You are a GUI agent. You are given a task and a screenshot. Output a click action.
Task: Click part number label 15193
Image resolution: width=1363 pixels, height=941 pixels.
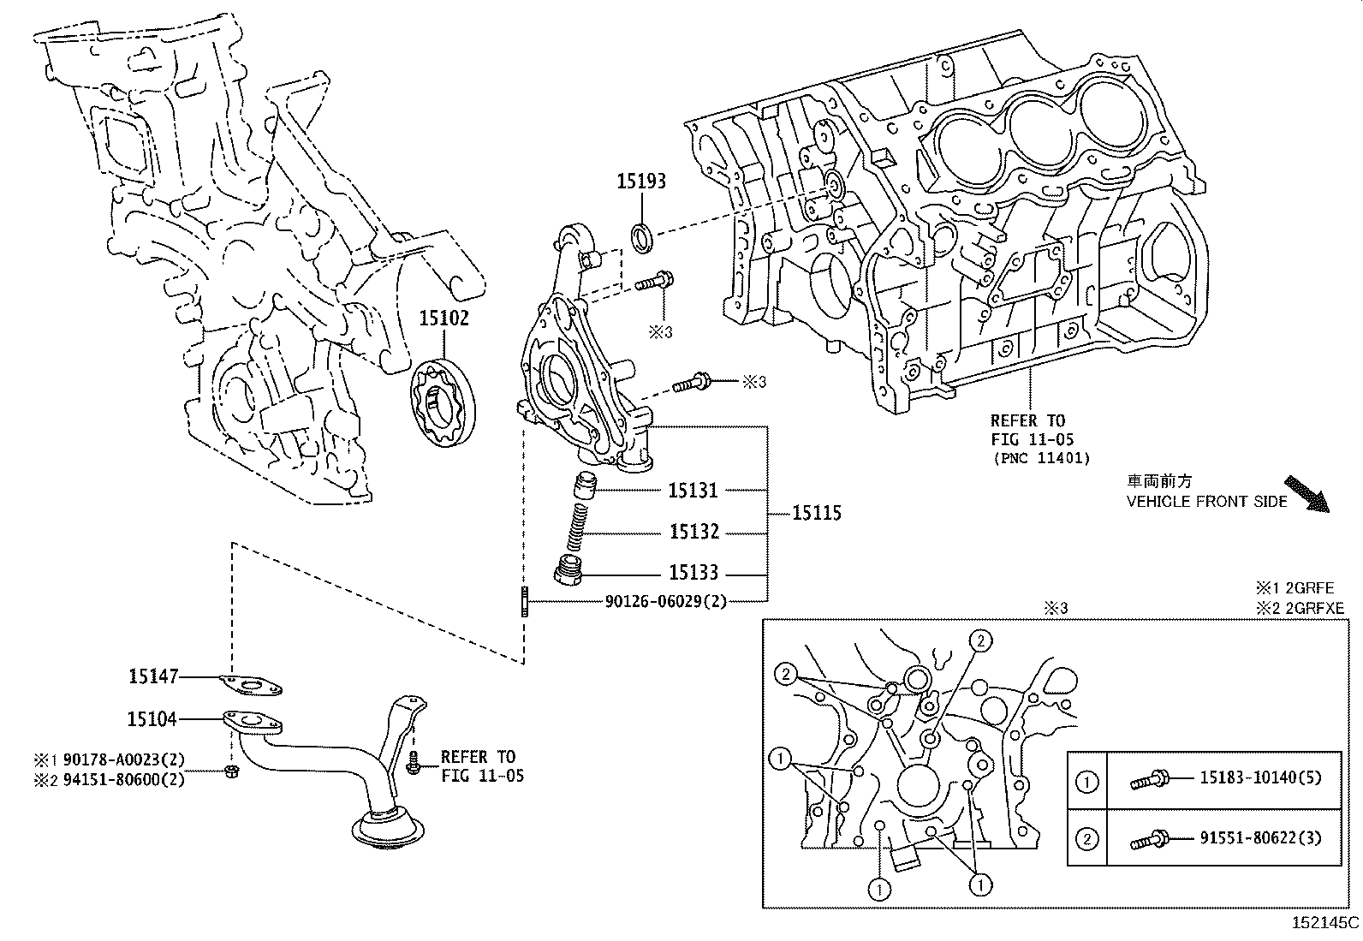(x=641, y=182)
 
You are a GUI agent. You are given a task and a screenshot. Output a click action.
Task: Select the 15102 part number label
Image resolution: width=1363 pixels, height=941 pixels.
(x=443, y=319)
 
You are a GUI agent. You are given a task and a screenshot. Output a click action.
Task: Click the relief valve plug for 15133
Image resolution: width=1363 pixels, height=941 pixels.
(x=568, y=570)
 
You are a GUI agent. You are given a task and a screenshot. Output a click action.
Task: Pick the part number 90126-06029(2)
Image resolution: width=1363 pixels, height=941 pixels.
(x=665, y=601)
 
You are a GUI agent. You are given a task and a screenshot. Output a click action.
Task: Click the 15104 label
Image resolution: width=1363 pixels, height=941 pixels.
(x=152, y=719)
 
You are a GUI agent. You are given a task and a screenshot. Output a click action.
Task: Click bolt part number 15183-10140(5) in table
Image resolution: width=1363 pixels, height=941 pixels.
(x=1260, y=777)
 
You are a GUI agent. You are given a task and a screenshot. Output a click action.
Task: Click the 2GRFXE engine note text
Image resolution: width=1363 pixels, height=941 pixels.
(x=1300, y=608)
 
